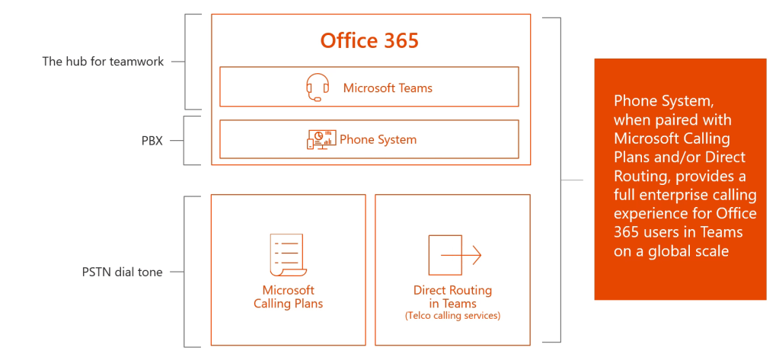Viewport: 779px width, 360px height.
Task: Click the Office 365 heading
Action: pos(369,40)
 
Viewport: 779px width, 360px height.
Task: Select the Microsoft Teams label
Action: pos(387,88)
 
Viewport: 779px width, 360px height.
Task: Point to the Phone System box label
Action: pos(378,139)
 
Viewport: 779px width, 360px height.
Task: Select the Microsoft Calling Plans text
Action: pos(288,297)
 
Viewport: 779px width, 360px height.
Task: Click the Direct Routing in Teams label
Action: pos(452,297)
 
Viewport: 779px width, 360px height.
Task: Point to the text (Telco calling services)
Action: pos(452,315)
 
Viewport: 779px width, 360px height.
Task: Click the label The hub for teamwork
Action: pos(103,62)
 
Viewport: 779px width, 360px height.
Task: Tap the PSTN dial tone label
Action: pos(122,272)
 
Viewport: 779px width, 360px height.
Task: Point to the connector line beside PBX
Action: pos(175,140)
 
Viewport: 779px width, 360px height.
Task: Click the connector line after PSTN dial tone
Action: pos(177,272)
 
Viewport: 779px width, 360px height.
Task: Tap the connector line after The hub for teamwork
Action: pos(177,62)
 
